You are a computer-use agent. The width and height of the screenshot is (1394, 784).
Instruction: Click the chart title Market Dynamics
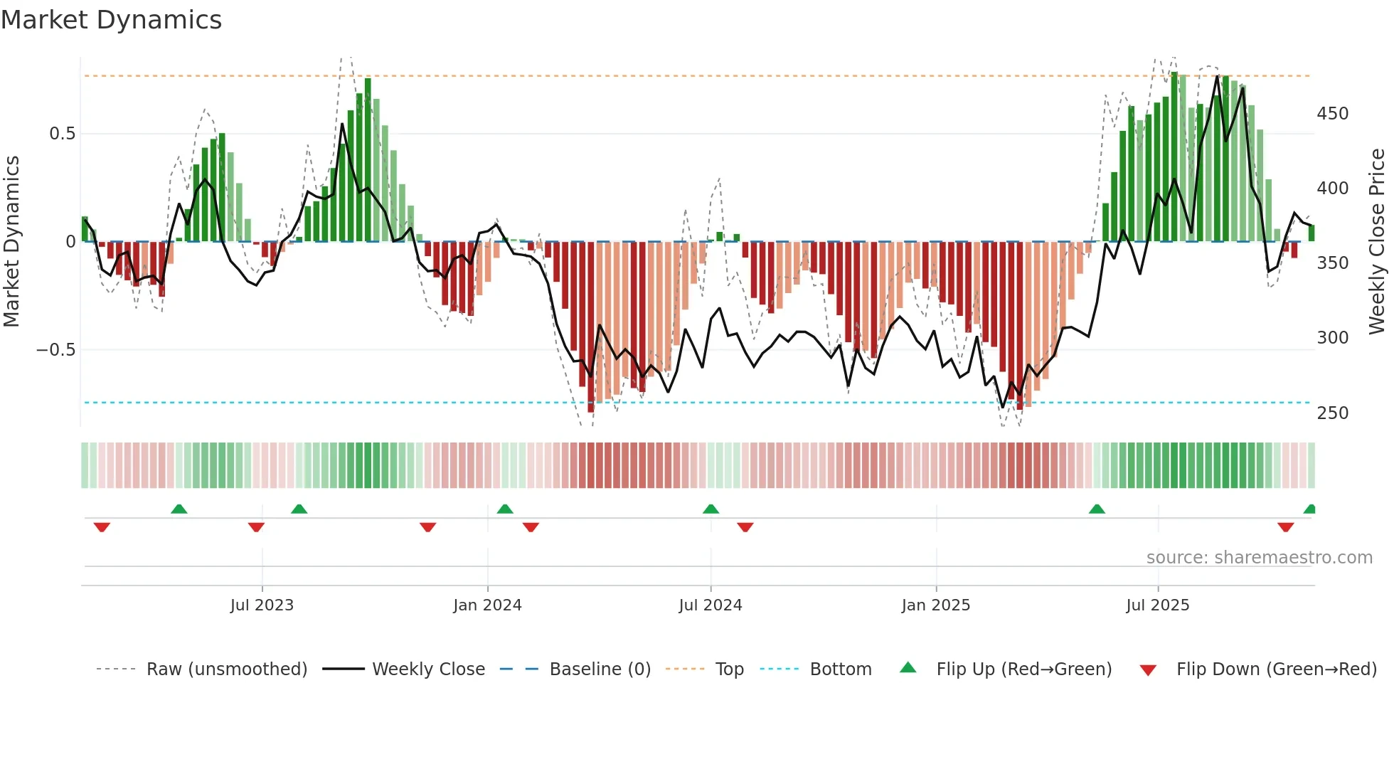pyautogui.click(x=111, y=20)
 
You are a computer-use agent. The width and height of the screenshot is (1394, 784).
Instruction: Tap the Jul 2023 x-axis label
pyautogui.click(x=262, y=605)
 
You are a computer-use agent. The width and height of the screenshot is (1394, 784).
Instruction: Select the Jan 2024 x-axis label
pyautogui.click(x=487, y=605)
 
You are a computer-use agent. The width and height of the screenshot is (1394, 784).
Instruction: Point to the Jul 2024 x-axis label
pyautogui.click(x=710, y=605)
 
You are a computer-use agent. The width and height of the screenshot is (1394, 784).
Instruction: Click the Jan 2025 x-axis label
pyautogui.click(x=935, y=605)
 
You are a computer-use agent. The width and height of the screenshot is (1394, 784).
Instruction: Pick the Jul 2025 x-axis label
pyautogui.click(x=1157, y=605)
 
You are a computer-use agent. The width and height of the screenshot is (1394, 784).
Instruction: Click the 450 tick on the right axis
pyautogui.click(x=1332, y=114)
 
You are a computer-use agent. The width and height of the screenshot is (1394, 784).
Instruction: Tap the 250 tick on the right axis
pyautogui.click(x=1332, y=413)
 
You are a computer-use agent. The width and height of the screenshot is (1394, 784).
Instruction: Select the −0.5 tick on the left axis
pyautogui.click(x=55, y=350)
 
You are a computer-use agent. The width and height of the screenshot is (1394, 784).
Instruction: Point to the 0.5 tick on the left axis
pyautogui.click(x=62, y=134)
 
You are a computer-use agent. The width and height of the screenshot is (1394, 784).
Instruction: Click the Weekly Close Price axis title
pyautogui.click(x=1377, y=242)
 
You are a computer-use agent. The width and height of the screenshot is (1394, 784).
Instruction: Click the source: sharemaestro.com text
pyautogui.click(x=1259, y=558)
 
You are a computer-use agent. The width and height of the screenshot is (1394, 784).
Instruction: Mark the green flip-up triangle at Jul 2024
pyautogui.click(x=711, y=509)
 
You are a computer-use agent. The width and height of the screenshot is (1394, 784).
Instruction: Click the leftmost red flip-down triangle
pyautogui.click(x=102, y=527)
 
